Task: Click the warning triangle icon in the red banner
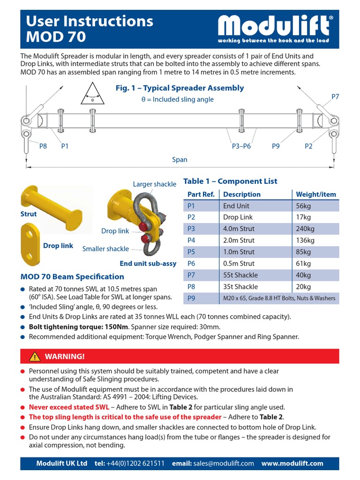(34, 357)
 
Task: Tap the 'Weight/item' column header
(316, 194)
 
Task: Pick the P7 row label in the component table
(191, 275)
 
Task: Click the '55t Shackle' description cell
(240, 275)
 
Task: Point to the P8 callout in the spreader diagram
(43, 146)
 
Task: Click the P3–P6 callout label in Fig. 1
(241, 146)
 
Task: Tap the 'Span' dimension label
(180, 160)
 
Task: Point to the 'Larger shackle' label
(155, 184)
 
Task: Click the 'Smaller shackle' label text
(105, 249)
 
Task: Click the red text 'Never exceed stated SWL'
(69, 407)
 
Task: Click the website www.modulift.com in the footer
(292, 463)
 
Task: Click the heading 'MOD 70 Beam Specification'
(72, 277)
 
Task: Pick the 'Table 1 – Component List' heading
(230, 181)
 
